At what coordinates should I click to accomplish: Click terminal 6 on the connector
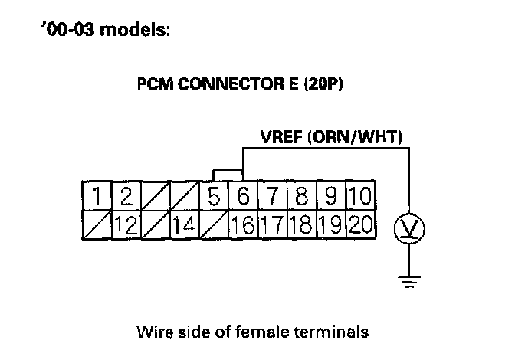244,197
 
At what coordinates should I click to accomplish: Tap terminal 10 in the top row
360,197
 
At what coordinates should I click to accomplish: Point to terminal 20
360,224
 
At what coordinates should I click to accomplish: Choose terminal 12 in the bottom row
126,224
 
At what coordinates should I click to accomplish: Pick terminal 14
185,224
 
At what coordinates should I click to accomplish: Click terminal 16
244,224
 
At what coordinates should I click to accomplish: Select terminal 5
215,197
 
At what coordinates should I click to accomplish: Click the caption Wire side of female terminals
252,332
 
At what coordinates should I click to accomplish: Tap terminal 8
302,197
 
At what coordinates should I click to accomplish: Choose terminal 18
302,224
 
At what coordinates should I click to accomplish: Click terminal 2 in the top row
126,197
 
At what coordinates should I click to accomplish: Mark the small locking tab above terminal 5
225,175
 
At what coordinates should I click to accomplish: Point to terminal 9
331,197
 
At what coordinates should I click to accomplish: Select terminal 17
273,224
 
